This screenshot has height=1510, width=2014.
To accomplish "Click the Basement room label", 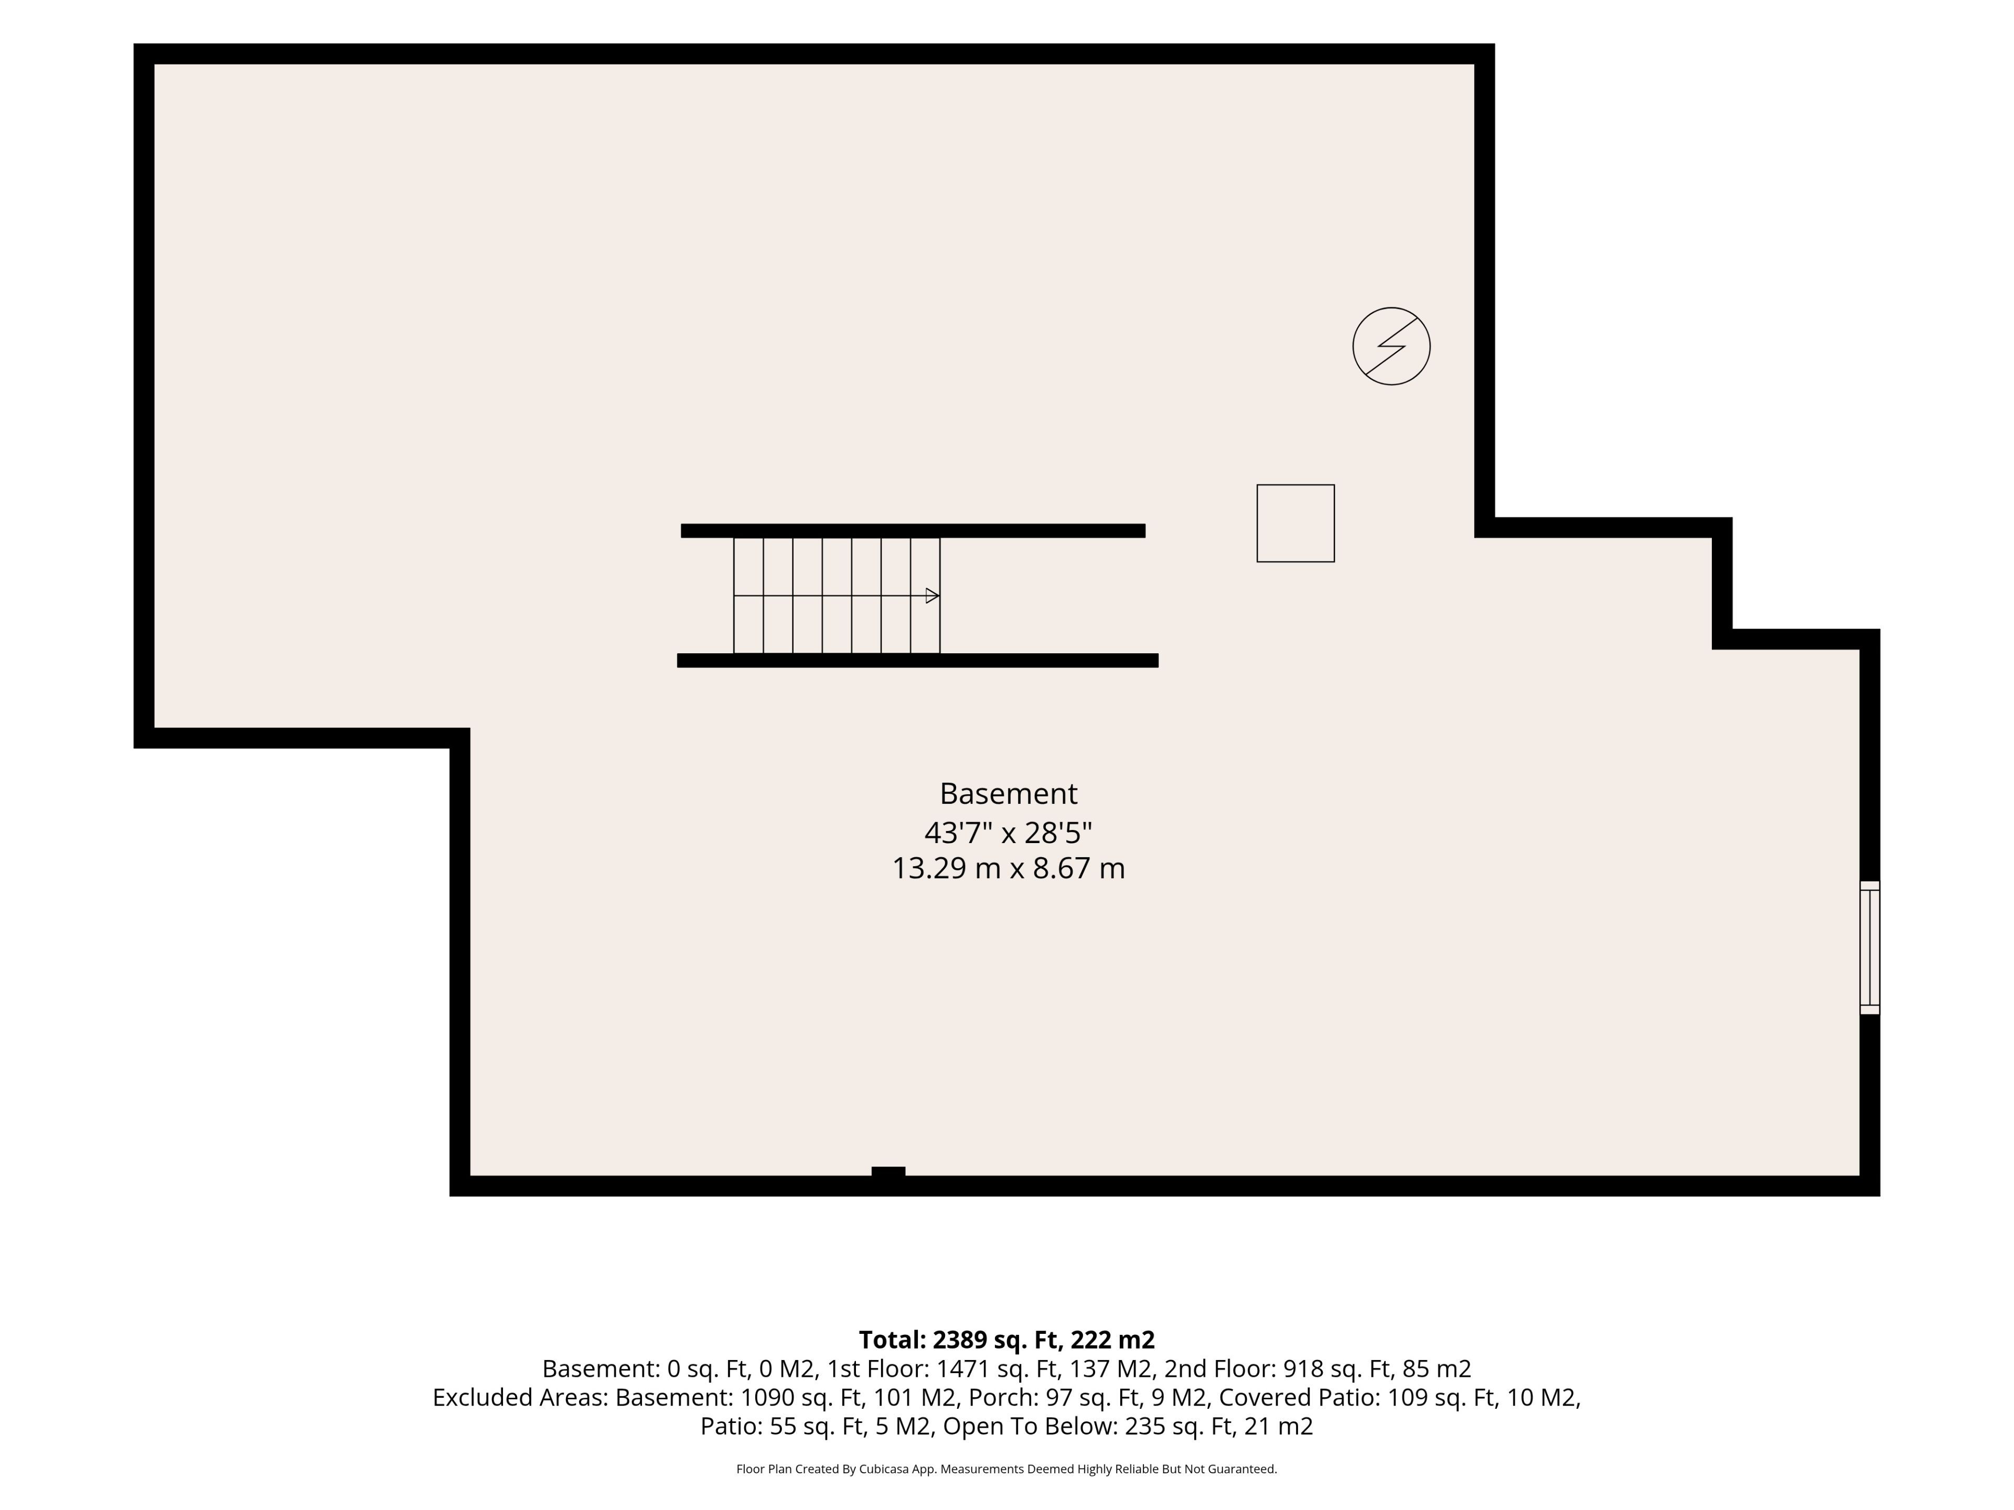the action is point(1008,794).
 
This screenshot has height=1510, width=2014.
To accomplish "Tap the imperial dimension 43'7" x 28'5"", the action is point(1008,832).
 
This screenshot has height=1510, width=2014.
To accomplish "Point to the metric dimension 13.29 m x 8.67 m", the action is point(1008,868).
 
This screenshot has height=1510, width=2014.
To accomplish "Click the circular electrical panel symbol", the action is point(1391,346).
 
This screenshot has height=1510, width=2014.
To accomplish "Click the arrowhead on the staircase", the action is point(933,596).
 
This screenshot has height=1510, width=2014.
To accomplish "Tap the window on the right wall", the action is point(1869,947).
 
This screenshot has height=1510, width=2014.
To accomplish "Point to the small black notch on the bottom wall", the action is point(888,1171).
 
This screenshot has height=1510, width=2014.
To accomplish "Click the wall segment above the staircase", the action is point(913,531).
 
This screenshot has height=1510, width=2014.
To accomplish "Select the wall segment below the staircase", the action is point(918,661).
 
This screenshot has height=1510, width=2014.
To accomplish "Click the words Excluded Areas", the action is point(520,1397).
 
